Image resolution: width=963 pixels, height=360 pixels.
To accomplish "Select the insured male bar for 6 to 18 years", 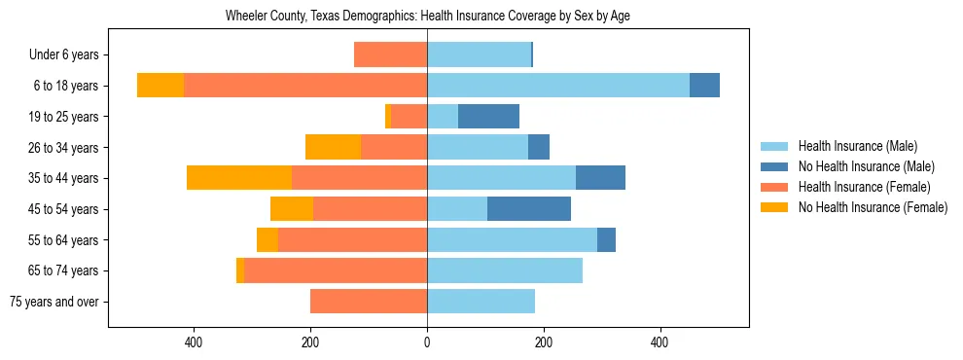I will click(x=558, y=86).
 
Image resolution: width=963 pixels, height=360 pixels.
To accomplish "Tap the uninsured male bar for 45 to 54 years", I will click(x=529, y=209).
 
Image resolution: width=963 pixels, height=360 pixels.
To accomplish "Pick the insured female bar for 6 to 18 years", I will click(x=305, y=86).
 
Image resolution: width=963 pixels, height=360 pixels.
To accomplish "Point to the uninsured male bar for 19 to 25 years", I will click(x=488, y=117).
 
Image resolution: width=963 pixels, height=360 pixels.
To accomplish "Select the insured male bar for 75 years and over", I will click(x=481, y=302).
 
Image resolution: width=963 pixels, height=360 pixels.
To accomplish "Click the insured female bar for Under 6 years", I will click(x=390, y=54).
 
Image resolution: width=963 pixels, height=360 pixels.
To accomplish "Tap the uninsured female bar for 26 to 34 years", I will click(x=333, y=147).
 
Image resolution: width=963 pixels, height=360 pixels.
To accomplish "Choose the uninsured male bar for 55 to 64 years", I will click(x=606, y=239).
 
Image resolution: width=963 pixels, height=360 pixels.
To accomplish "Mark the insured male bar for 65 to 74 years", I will click(x=505, y=270).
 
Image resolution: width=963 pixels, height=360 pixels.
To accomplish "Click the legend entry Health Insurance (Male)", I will click(x=857, y=146).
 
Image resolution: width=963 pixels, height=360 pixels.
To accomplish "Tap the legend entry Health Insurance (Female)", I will click(x=864, y=187).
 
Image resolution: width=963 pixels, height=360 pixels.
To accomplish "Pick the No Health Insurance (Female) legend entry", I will click(x=873, y=207).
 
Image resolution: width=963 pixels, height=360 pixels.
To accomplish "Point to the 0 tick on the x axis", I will click(x=427, y=342).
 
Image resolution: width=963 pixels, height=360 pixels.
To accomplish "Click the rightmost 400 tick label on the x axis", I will click(x=660, y=342).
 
